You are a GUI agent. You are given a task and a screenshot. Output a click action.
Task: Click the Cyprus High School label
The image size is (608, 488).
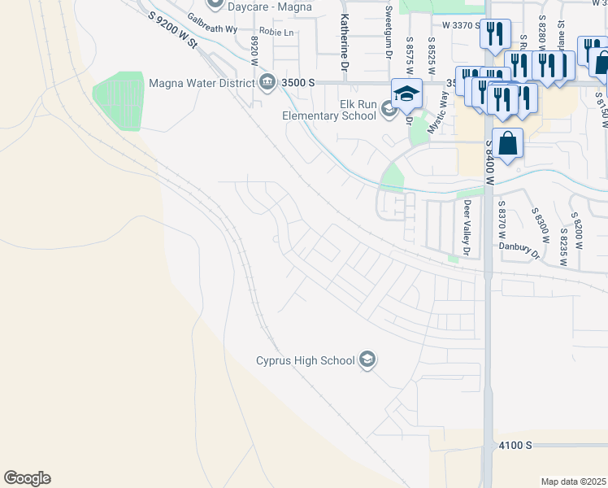coord(305,360)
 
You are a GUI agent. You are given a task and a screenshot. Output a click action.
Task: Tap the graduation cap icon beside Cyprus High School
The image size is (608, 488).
coord(367,359)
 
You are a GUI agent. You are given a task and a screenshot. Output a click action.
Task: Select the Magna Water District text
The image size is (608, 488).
coord(201,81)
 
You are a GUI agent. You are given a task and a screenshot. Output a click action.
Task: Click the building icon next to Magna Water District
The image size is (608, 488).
coord(267,81)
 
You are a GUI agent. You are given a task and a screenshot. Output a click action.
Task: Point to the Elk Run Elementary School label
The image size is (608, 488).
coord(329,110)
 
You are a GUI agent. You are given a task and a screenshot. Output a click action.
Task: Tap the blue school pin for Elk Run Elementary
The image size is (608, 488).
coord(407,94)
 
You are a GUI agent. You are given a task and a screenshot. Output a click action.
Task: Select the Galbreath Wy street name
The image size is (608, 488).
coord(211,23)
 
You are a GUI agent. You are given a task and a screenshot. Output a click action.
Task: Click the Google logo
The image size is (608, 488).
coord(27,478)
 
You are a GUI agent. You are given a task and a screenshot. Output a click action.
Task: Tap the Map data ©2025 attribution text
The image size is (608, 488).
coord(572,481)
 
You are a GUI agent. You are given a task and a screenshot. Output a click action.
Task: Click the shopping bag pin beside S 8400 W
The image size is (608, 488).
coord(507,144)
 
